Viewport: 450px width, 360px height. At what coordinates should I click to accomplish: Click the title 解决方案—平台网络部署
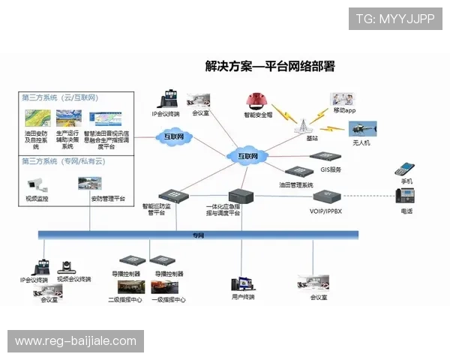pos(269,67)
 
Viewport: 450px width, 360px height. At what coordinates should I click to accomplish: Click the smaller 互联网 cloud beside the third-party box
pos(175,136)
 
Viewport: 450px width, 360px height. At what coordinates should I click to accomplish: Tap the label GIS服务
pos(331,170)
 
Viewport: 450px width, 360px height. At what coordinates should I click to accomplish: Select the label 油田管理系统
pos(301,184)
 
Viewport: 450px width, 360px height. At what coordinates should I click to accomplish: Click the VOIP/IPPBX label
pos(326,212)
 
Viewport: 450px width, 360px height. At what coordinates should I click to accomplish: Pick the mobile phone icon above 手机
pos(406,169)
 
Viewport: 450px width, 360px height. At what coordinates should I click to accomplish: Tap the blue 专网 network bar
pos(199,235)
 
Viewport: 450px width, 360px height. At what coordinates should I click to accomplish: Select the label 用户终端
pos(243,297)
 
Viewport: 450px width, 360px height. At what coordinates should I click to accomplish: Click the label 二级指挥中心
pos(125,300)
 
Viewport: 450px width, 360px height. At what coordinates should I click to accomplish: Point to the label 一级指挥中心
pos(169,300)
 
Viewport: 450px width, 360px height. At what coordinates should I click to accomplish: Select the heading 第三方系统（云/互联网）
pos(60,98)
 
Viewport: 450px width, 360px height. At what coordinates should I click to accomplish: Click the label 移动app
pos(344,111)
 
